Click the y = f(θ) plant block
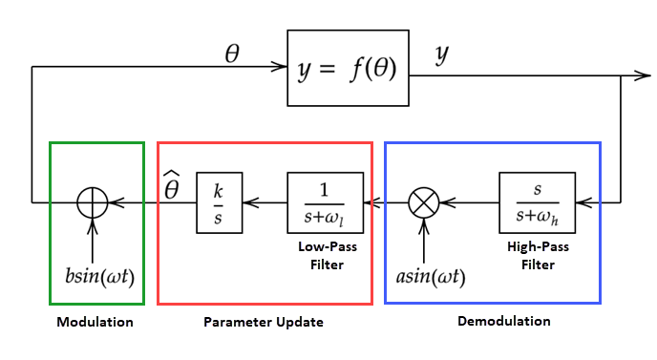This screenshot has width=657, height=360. point(346,68)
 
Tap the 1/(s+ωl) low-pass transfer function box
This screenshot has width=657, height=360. point(325,202)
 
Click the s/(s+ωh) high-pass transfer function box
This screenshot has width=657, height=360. point(537,202)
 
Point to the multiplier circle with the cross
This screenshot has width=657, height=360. point(421,202)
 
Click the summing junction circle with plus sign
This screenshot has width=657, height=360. point(93,202)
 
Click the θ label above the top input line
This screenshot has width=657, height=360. point(232,54)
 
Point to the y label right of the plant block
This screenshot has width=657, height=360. point(442,55)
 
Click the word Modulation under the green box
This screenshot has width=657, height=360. point(95,322)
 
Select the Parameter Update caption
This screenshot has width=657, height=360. point(264,322)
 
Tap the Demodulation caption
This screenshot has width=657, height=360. point(505,321)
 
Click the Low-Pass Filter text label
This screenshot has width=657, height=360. point(325,253)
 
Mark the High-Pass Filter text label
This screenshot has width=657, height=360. point(538,253)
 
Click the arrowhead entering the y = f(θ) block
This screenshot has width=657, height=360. point(281,67)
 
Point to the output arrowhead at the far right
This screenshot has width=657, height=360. point(646,74)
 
